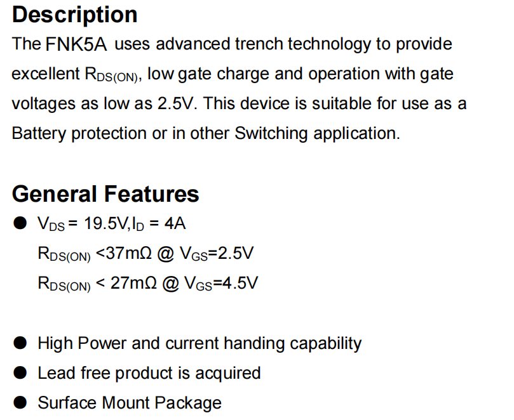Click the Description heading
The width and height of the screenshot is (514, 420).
[75, 15]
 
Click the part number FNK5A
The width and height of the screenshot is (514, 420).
[76, 44]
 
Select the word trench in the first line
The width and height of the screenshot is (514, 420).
[259, 44]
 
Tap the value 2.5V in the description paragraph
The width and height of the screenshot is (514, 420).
[177, 103]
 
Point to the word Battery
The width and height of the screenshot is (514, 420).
[39, 134]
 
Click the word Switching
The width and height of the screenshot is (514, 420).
[271, 134]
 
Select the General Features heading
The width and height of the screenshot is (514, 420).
[105, 194]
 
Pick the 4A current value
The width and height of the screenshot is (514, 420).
[175, 224]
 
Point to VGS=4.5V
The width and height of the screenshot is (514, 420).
[221, 284]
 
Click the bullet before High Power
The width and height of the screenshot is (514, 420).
[20, 343]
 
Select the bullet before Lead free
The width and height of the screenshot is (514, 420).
[20, 373]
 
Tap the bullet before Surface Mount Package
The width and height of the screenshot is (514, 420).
[20, 403]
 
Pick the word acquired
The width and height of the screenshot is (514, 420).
[228, 374]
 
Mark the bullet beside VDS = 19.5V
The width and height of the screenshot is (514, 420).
[20, 223]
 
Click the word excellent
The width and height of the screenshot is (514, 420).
[46, 74]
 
